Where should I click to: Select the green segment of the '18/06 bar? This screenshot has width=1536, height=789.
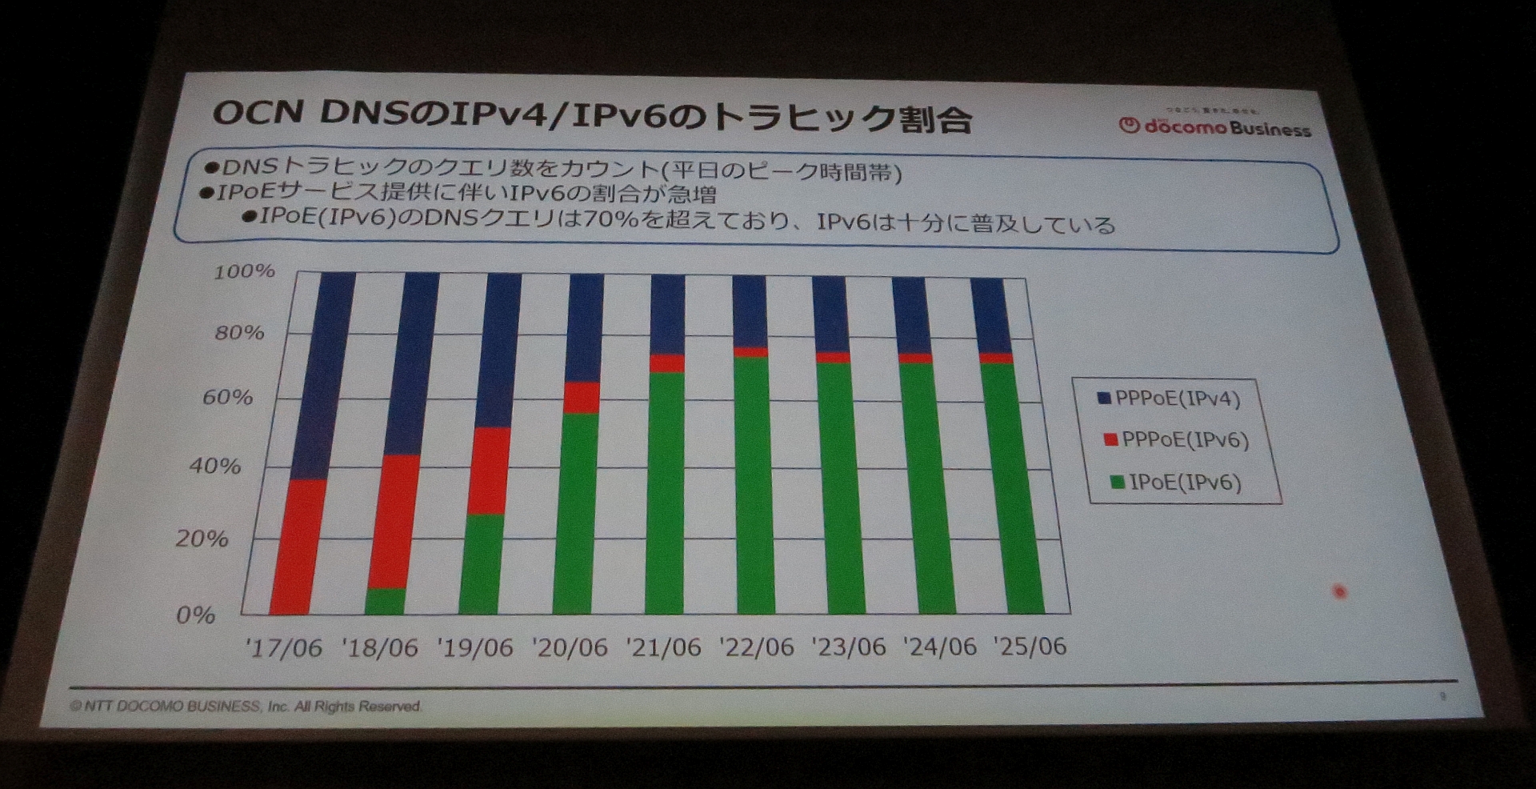tap(385, 601)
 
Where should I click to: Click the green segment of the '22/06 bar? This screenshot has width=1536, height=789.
tap(754, 485)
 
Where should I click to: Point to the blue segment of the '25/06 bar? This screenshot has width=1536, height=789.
tap(990, 315)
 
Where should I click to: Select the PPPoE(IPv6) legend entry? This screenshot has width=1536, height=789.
tap(1177, 440)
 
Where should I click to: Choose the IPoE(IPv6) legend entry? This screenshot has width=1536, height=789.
tap(1177, 483)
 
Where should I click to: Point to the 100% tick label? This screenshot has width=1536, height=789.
tap(244, 272)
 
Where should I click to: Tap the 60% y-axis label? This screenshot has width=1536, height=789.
tap(227, 397)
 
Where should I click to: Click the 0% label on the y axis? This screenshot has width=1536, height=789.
tap(195, 615)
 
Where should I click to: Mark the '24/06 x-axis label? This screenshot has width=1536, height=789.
tap(939, 647)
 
